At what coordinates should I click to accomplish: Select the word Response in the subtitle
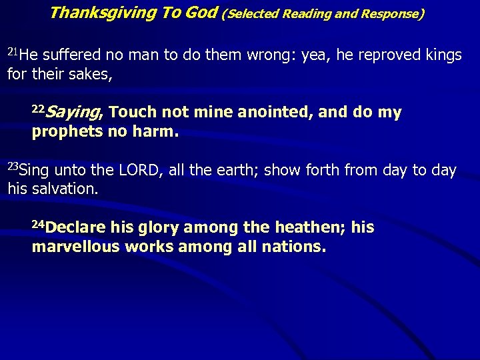pyautogui.click(x=389, y=13)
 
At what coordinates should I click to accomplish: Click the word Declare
pyautogui.click(x=76, y=228)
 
